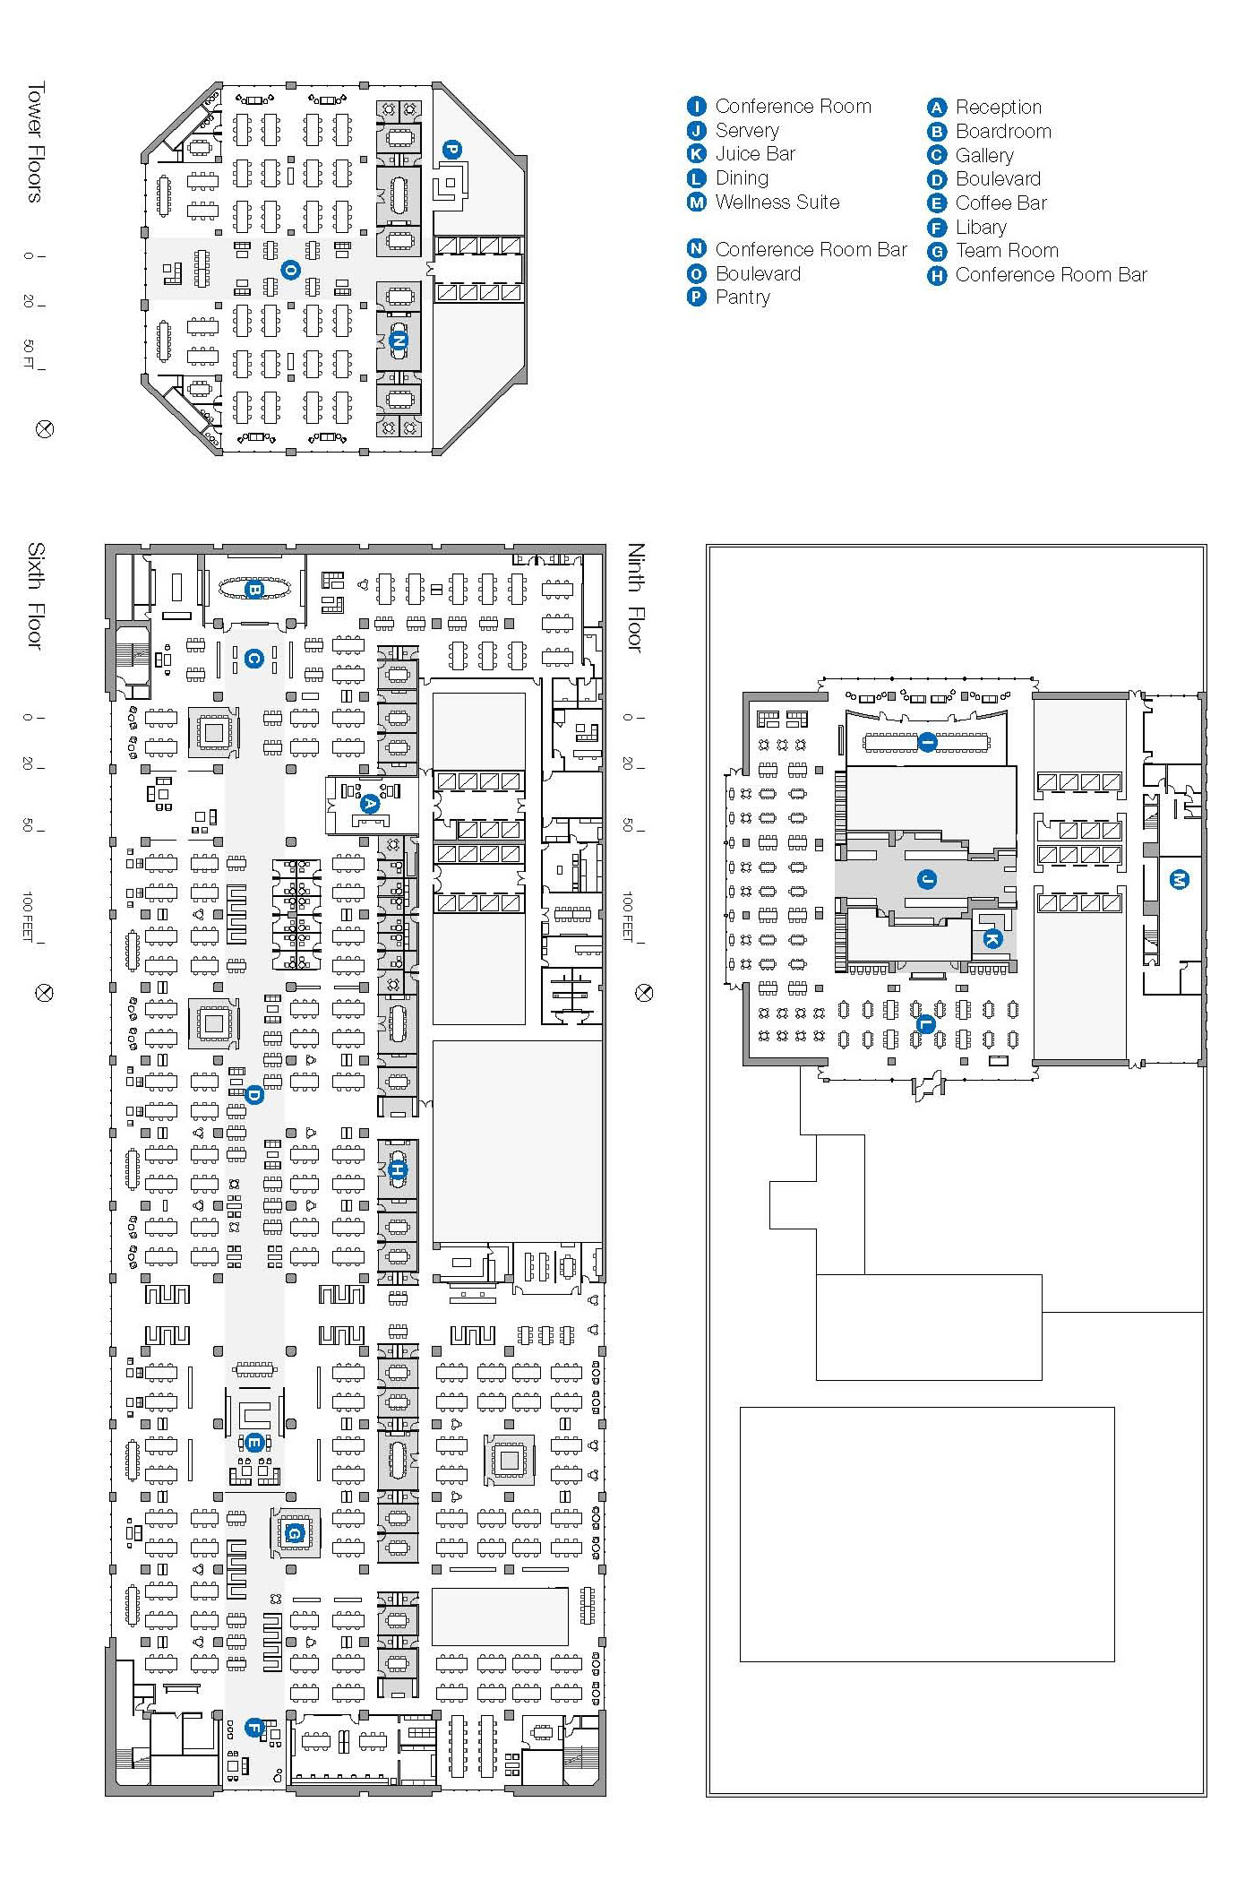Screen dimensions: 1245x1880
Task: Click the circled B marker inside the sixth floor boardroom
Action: pos(253,590)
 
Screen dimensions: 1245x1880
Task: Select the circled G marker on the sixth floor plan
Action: pos(294,1533)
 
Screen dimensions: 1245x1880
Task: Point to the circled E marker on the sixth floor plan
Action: pos(253,1443)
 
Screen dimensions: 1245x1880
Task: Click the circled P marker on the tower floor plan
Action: pos(452,149)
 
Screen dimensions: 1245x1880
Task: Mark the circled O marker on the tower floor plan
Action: pos(290,269)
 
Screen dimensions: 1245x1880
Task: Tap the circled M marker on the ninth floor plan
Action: pos(1180,880)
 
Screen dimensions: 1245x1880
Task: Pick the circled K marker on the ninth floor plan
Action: pos(992,939)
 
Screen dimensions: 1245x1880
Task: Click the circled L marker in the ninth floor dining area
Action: pos(926,1024)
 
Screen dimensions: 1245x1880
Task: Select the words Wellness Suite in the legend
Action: pos(777,203)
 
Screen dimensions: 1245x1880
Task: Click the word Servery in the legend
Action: pos(747,131)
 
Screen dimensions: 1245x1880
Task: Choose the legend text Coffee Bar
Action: pos(1000,203)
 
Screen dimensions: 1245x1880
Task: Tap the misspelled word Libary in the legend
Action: pos(981,228)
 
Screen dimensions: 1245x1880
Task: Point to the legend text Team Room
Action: pos(1007,251)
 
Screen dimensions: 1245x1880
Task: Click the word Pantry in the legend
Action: pos(743,298)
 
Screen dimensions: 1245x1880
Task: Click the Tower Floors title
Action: pos(35,142)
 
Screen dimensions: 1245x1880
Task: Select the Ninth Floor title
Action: pos(636,597)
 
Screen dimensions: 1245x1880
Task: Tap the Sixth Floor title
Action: pos(35,595)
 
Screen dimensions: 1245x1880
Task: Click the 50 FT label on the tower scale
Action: pos(28,353)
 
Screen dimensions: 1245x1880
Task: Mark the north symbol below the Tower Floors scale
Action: pos(44,429)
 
